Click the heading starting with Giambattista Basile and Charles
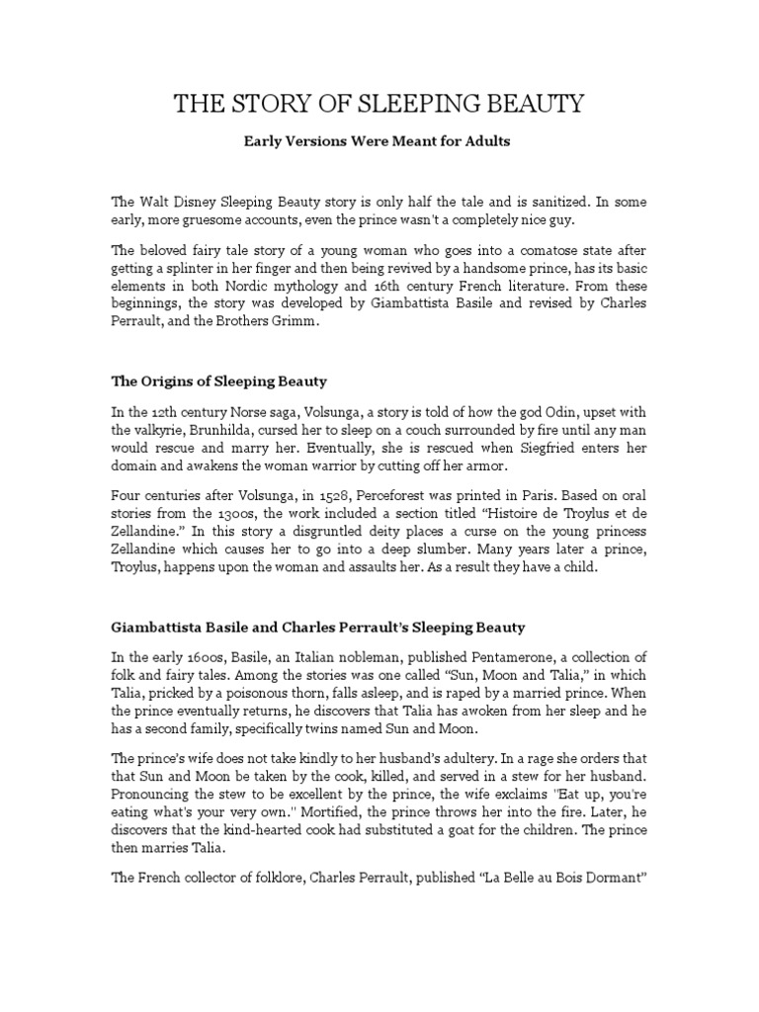click(x=317, y=628)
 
